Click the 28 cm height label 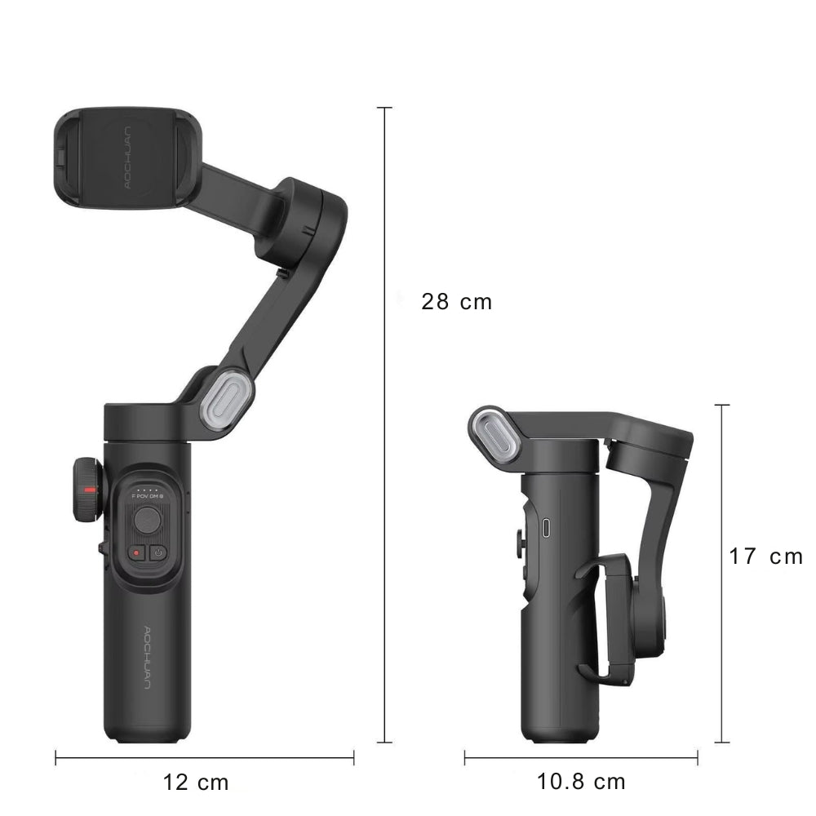[456, 302]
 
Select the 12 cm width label [196, 783]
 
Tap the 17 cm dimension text [765, 557]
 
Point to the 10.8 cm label [581, 782]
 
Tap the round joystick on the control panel [147, 518]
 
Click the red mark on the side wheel [91, 490]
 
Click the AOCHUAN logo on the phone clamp [130, 157]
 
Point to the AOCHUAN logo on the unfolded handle [147, 658]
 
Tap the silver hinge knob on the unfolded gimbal [226, 398]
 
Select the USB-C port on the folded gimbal [546, 528]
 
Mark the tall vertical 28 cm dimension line [384, 424]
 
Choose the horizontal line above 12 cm [204, 758]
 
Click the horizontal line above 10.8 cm [581, 758]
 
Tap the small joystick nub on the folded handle [519, 543]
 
